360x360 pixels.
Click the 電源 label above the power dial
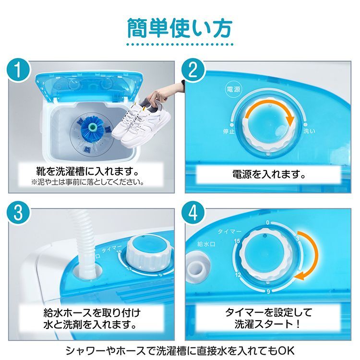[x=233, y=90]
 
